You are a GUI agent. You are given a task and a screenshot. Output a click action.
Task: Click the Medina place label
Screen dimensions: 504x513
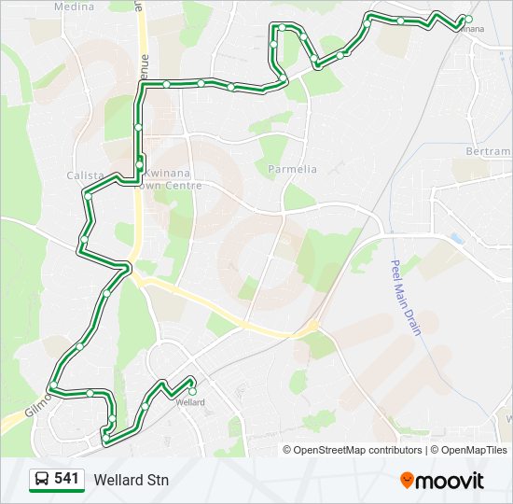[75, 6]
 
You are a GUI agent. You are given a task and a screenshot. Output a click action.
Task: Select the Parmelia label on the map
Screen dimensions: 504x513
[292, 169]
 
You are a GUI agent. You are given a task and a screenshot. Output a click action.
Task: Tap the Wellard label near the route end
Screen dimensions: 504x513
[190, 402]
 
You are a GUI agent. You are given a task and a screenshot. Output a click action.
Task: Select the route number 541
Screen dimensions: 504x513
[66, 479]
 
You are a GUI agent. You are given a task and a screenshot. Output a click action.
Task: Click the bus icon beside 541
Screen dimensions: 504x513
[42, 480]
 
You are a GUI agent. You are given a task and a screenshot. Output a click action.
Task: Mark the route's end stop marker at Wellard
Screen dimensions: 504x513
[192, 379]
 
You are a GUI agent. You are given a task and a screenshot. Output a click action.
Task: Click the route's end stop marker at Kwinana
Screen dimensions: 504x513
[468, 19]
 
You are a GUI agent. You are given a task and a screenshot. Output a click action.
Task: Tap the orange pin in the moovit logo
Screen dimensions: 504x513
[407, 481]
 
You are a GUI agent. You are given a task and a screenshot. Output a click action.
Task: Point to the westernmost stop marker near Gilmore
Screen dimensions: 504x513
[53, 386]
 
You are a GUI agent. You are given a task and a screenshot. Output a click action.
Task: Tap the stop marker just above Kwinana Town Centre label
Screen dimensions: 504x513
[139, 165]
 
